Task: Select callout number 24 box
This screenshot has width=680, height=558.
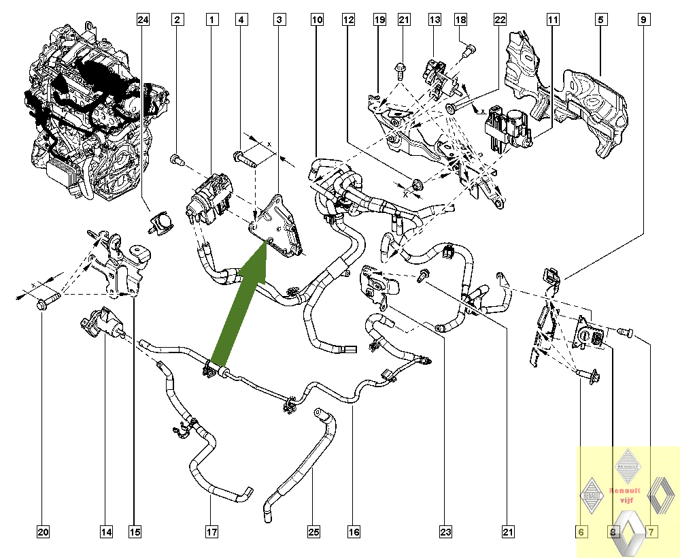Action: pos(142,20)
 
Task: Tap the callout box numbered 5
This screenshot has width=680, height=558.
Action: pos(600,20)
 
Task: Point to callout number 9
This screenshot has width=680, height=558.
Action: pos(643,20)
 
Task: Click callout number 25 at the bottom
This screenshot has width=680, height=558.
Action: pos(313,531)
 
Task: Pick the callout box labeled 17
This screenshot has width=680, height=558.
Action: pos(211,531)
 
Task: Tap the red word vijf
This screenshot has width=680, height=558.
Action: pos(625,500)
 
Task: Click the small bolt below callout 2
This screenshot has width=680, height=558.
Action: pos(178,160)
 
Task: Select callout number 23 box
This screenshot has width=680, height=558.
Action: pos(445,531)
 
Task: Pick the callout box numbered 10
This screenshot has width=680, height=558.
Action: pos(317,20)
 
